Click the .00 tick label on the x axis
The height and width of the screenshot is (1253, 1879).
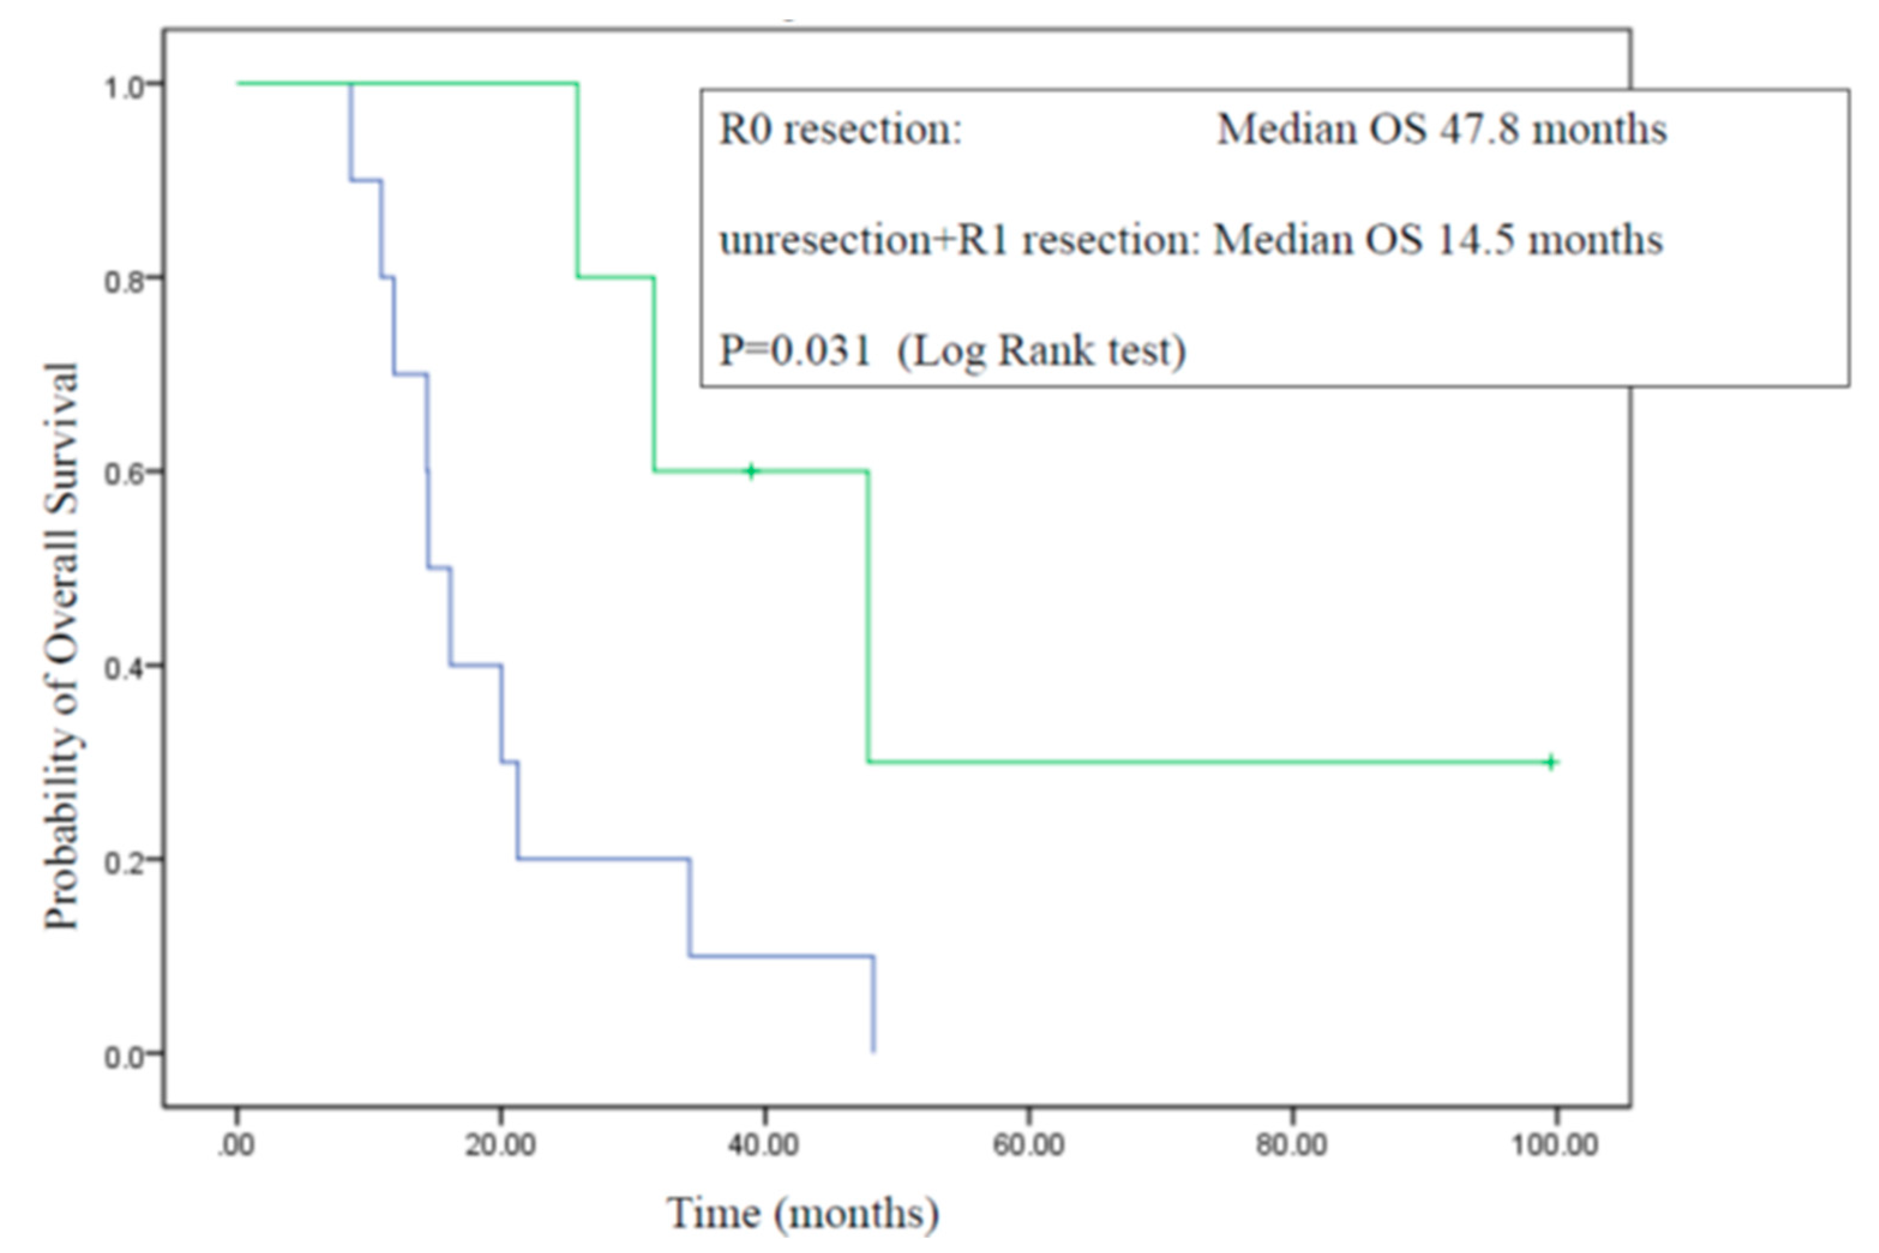(236, 1145)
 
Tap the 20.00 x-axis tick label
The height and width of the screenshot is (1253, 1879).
(500, 1145)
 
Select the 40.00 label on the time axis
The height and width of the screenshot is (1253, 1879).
(764, 1145)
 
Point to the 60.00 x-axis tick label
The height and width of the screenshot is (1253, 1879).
(1028, 1145)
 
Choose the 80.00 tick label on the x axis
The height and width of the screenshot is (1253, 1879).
(1292, 1145)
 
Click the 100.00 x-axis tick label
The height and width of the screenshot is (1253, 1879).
(1555, 1145)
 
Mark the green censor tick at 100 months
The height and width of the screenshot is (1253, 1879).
(1552, 761)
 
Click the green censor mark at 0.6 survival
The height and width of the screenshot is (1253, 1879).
(751, 471)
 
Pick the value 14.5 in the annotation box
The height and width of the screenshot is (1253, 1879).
(1475, 240)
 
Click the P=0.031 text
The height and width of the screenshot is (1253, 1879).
(795, 350)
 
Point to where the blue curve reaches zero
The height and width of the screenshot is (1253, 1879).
(874, 1051)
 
